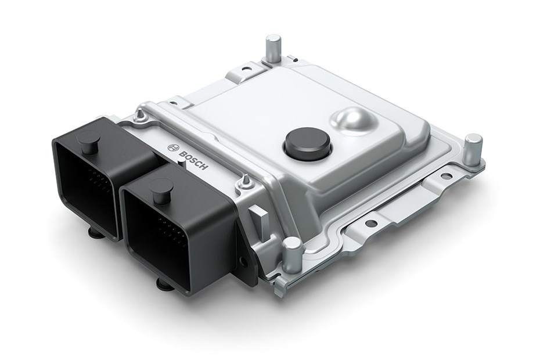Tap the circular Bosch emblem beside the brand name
(x=172, y=147)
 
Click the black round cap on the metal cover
(x=307, y=143)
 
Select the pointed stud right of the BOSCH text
(x=246, y=182)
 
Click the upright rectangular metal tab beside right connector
(x=259, y=221)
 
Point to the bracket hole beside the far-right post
(x=445, y=175)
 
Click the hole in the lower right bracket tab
(x=371, y=223)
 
